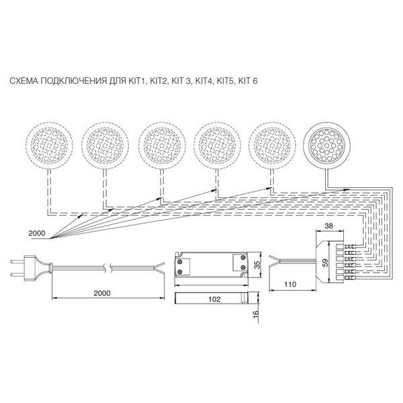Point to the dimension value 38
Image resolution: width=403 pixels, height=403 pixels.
tap(328, 226)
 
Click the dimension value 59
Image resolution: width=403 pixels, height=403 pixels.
tap(325, 263)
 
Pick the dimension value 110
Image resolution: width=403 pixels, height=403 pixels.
tap(290, 284)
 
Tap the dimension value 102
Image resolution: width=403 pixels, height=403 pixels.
tap(214, 299)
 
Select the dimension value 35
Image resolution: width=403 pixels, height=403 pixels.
tap(257, 265)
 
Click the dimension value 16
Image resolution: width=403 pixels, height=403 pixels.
tap(256, 314)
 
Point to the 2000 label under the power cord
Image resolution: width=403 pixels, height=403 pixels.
tap(102, 294)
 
